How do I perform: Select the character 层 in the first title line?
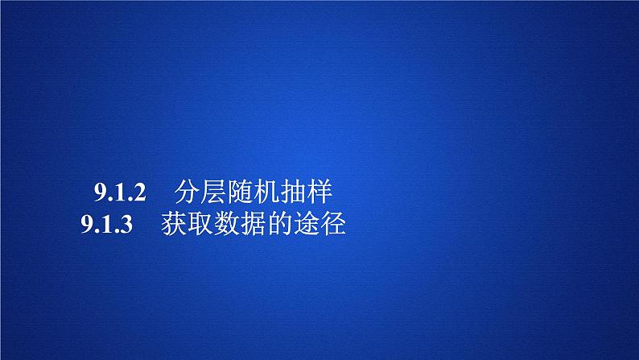216,193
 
